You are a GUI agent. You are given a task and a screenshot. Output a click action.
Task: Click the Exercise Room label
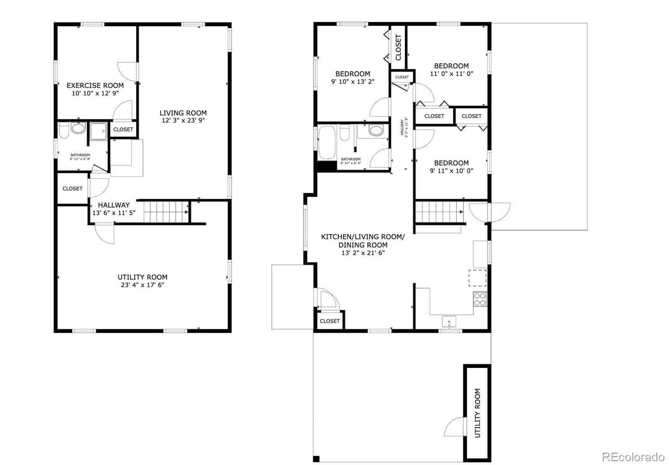tap(95, 85)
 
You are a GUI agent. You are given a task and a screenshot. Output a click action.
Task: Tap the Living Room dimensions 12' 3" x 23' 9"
tap(183, 120)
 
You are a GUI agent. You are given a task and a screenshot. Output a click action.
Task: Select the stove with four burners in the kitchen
tap(480, 299)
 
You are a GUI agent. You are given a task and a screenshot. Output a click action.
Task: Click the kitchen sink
tap(449, 322)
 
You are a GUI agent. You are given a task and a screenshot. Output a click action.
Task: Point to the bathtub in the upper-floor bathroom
tap(327, 142)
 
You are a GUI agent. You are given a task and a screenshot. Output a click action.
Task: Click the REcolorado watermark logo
tap(633, 457)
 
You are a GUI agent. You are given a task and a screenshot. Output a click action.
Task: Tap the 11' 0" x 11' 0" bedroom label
tap(451, 69)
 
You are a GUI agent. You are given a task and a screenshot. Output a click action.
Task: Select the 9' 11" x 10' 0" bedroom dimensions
tap(451, 171)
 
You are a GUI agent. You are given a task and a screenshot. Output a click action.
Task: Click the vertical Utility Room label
tap(477, 413)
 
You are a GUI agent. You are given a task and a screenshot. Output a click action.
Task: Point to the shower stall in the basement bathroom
tap(99, 131)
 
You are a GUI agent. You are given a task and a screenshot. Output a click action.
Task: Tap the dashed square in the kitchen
tap(477, 278)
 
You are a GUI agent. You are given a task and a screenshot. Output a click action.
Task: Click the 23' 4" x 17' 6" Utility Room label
tap(143, 281)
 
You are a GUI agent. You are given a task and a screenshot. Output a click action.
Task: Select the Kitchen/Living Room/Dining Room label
tap(363, 244)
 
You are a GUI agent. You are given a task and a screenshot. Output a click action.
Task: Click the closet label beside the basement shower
tap(123, 129)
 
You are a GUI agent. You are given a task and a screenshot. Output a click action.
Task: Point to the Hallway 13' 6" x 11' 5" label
tap(114, 209)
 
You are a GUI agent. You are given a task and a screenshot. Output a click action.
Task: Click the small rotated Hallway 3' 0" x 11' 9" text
tap(404, 127)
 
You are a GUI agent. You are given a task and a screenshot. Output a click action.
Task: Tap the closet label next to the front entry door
tap(329, 321)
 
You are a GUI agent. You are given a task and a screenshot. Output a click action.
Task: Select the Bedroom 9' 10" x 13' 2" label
tap(353, 77)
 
